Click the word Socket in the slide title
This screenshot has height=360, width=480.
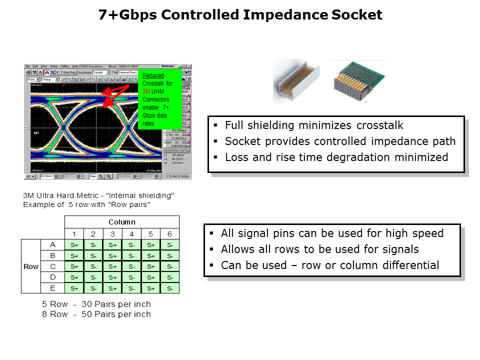[356, 15]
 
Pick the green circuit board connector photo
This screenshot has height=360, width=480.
[358, 81]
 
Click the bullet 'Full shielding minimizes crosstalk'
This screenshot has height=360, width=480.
[314, 125]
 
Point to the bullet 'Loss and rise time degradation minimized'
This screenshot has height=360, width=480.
[336, 157]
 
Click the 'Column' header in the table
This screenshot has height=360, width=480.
[122, 222]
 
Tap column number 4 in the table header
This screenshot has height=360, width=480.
[131, 234]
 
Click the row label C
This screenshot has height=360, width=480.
[53, 266]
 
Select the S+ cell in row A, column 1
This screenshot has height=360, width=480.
[74, 245]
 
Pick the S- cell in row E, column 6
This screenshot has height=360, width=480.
[169, 288]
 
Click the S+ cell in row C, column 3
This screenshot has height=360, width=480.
[112, 267]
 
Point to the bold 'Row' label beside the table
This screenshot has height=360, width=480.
[31, 266]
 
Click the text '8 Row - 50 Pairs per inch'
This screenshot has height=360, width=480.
[96, 314]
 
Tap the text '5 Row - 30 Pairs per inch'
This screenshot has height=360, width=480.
[96, 304]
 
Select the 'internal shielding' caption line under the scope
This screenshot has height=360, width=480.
[98, 195]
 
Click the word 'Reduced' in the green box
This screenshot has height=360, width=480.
[153, 75]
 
